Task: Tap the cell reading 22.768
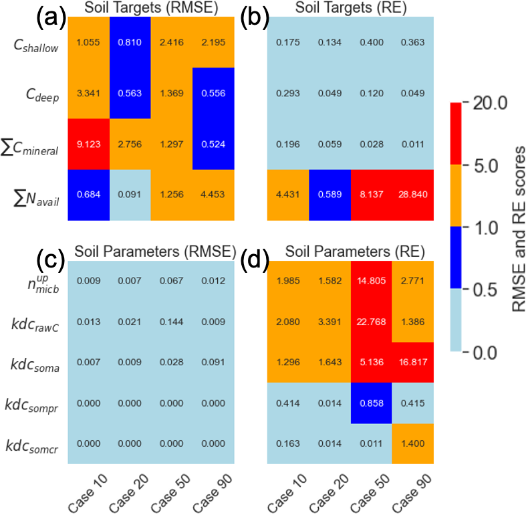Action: point(372,321)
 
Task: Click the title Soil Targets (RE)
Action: point(351,9)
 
